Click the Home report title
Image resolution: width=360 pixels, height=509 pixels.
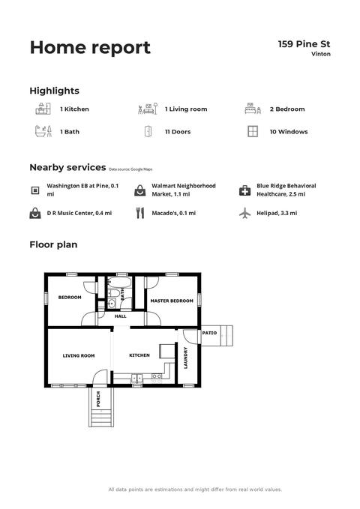[x=90, y=48]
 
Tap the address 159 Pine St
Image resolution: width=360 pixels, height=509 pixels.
[x=304, y=44]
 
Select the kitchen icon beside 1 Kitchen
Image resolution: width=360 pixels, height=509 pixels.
[x=43, y=109]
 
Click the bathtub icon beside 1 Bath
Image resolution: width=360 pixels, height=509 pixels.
[x=43, y=131]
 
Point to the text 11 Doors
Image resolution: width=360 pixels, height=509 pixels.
[x=178, y=132]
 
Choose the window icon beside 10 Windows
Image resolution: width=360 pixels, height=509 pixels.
[x=253, y=131]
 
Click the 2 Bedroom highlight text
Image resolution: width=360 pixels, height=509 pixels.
[x=287, y=109]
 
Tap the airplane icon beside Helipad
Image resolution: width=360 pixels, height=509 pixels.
[x=244, y=214]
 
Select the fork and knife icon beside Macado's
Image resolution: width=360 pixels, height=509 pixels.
[x=140, y=213]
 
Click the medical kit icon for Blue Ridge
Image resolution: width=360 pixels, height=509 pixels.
[x=244, y=190]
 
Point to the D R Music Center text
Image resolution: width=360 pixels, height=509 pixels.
[x=79, y=214]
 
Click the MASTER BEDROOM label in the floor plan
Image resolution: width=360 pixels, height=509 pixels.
[x=172, y=301]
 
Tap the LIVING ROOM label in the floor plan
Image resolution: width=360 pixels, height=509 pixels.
[x=79, y=356]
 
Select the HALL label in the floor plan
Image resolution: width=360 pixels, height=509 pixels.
[x=121, y=316]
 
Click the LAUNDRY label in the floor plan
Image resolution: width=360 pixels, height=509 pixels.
[x=186, y=358]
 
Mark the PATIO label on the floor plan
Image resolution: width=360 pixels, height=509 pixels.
[x=209, y=333]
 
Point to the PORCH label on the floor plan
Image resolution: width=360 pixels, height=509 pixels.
[x=98, y=399]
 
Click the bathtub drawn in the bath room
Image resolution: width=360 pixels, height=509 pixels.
[x=119, y=282]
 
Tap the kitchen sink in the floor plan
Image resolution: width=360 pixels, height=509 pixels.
[x=137, y=378]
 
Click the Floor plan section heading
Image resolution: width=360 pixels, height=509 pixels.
[x=53, y=245]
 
